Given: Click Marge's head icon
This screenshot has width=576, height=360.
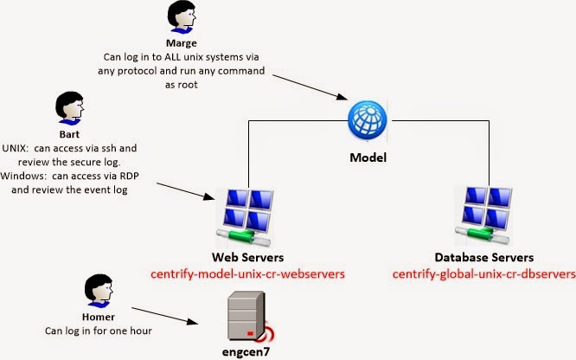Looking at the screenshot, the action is (x=182, y=17).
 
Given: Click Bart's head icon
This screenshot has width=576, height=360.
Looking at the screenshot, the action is (x=69, y=108).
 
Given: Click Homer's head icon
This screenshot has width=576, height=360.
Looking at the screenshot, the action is (x=99, y=291).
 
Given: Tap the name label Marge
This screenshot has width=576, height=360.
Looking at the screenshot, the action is (x=182, y=43).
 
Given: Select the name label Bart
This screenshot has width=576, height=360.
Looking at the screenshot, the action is (x=69, y=134).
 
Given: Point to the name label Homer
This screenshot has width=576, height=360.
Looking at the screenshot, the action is (x=99, y=317).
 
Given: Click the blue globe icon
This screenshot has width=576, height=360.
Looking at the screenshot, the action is (x=368, y=120).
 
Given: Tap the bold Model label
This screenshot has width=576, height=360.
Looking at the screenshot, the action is (x=368, y=157).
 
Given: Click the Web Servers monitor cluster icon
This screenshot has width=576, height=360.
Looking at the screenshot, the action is (x=244, y=218).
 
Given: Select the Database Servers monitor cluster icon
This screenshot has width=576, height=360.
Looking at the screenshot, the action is (x=483, y=215).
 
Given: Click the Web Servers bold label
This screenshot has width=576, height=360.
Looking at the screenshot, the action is (x=247, y=257).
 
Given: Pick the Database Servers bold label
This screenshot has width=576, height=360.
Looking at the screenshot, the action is (x=484, y=257).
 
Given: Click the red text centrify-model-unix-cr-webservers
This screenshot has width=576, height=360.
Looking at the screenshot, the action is (x=247, y=274).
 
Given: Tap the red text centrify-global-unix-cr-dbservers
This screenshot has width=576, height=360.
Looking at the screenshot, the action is (x=484, y=274).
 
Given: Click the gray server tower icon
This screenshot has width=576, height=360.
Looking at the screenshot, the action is (x=248, y=316).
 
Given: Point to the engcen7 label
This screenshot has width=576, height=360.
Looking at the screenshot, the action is (x=246, y=352).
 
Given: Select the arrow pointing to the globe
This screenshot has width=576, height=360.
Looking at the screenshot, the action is (x=310, y=87).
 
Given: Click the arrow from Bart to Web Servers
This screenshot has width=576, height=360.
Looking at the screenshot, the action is (x=185, y=191).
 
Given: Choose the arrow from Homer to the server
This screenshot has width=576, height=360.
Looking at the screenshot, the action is (x=165, y=316).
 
